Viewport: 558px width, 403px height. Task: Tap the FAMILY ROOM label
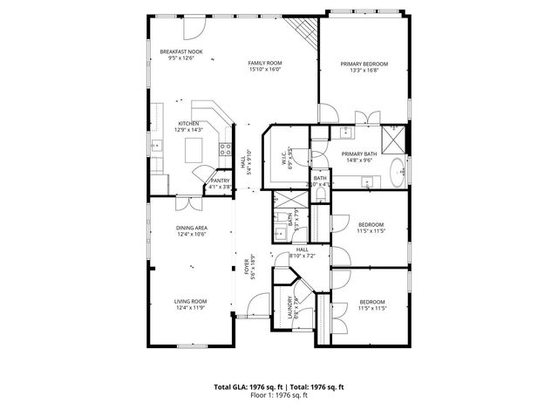pyautogui.click(x=265, y=64)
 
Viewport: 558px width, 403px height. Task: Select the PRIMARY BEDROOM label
pyautogui.click(x=364, y=65)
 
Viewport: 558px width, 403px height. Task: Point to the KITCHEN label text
pyautogui.click(x=189, y=124)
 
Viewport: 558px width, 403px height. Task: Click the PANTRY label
pyautogui.click(x=220, y=181)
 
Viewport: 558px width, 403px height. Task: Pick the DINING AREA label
pyautogui.click(x=190, y=228)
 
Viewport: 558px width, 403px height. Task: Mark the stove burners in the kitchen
pyautogui.click(x=224, y=146)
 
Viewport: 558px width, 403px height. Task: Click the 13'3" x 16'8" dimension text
pyautogui.click(x=364, y=72)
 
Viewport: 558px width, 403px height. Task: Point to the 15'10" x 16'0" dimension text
pyautogui.click(x=265, y=71)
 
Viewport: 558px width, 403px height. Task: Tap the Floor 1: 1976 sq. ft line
pyautogui.click(x=279, y=395)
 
